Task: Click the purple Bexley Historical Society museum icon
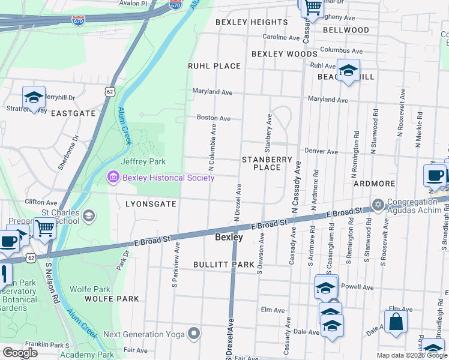113,177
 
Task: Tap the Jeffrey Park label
143,161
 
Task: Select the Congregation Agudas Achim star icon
378,206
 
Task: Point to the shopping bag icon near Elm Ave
396,321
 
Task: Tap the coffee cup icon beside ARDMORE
434,175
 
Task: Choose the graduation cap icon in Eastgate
34,96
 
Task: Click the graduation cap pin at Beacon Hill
348,70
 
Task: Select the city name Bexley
229,238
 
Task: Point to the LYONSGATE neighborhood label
151,204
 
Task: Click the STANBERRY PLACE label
267,163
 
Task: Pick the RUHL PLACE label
214,66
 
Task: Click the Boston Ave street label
214,118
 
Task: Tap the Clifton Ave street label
41,202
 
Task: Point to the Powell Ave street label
358,287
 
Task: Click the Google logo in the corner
20,353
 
